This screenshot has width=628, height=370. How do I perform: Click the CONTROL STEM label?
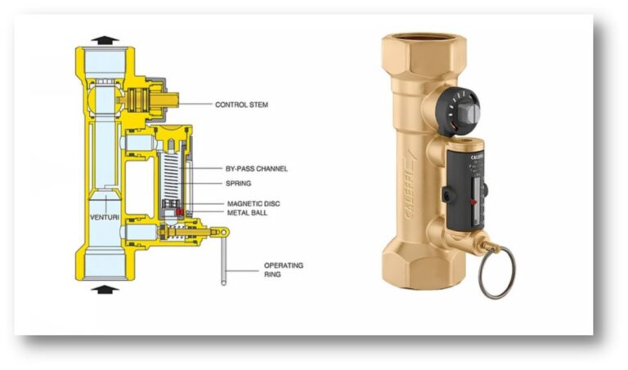[241, 105]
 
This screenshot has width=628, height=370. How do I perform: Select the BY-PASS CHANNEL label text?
[256, 169]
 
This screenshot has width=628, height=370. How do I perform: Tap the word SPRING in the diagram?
[238, 184]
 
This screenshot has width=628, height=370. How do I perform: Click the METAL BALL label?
[244, 213]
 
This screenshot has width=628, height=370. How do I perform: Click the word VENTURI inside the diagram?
[105, 217]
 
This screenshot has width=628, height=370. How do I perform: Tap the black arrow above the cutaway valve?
[105, 39]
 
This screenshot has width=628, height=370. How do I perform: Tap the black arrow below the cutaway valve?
[105, 288]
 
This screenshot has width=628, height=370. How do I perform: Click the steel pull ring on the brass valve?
[496, 271]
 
